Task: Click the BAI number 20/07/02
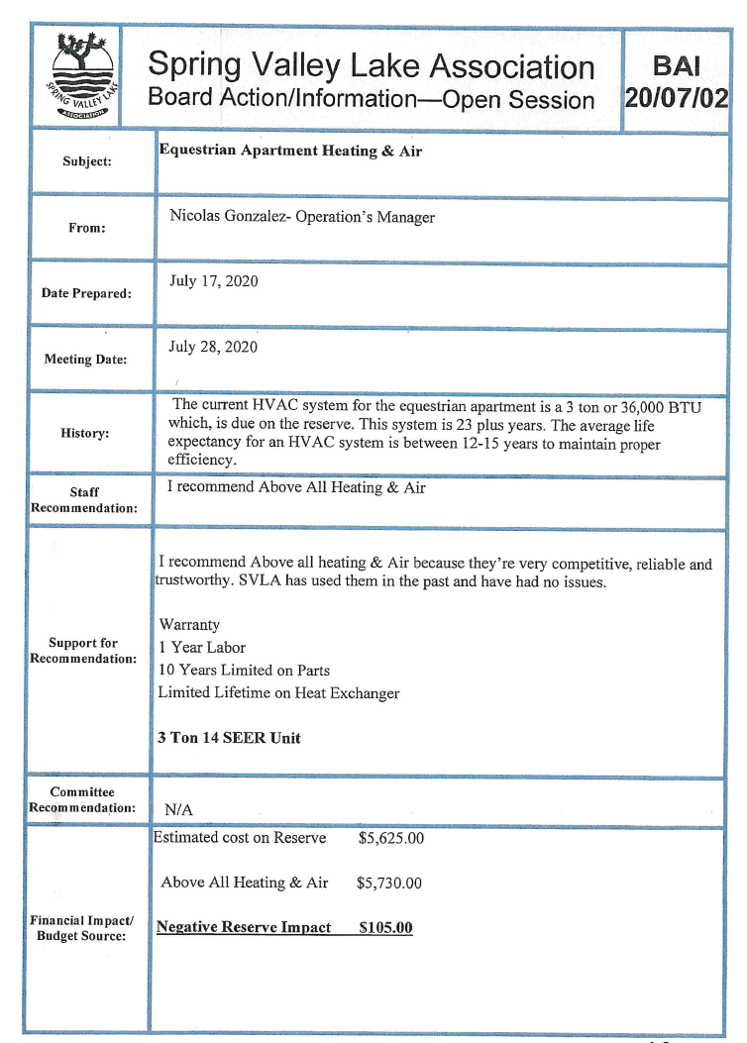click(676, 98)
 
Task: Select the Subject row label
click(87, 160)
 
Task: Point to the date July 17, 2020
click(213, 281)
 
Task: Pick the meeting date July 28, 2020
click(213, 347)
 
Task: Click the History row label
click(87, 434)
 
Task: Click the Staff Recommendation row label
click(84, 500)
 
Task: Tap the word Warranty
click(189, 625)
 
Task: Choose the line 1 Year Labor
click(202, 648)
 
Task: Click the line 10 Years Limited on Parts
click(244, 671)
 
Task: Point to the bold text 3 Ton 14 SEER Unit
click(229, 738)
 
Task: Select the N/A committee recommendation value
click(178, 809)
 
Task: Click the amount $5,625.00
click(390, 838)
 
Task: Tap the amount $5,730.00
click(389, 883)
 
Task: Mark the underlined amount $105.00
click(385, 928)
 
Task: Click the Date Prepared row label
click(86, 293)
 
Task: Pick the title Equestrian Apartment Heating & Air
click(290, 151)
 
